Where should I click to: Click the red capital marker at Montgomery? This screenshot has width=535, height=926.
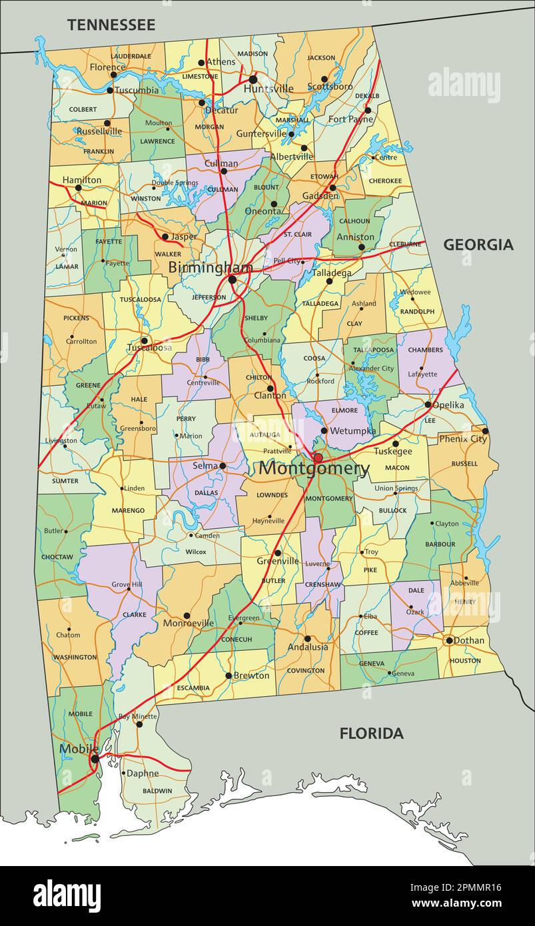[318, 458]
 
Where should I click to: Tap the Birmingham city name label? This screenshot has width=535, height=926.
[210, 268]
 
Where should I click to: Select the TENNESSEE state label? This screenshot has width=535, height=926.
[111, 25]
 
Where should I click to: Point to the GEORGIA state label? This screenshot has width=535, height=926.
[478, 244]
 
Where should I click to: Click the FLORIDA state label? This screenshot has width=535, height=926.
[371, 733]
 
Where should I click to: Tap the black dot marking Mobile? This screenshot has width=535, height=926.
[95, 759]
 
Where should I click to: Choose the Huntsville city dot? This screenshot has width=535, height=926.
[253, 79]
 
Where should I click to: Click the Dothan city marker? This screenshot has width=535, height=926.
[449, 640]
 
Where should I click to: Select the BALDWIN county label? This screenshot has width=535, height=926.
[157, 791]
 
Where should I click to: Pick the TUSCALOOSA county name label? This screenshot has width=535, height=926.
[141, 300]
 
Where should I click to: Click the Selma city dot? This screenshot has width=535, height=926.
[223, 466]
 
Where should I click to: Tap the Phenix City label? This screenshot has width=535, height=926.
[462, 439]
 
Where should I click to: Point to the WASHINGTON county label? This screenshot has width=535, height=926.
[75, 657]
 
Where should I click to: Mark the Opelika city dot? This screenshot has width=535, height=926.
[428, 404]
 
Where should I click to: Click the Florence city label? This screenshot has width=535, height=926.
[107, 67]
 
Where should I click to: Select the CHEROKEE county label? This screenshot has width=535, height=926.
[385, 181]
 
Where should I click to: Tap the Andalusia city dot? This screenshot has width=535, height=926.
[307, 638]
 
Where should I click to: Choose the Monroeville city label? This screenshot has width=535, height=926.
[189, 624]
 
